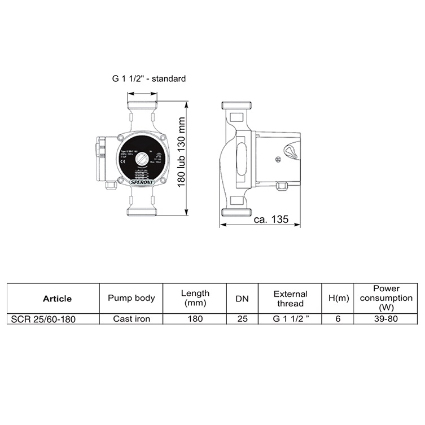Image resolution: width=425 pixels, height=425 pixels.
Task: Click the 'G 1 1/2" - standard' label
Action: pos(148,79)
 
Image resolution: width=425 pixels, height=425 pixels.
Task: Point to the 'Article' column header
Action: pos(57,299)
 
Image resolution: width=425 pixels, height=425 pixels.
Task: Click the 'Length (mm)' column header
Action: pos(195,298)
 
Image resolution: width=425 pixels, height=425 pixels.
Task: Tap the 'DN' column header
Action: pos(242,298)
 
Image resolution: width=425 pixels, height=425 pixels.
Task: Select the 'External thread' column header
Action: pos(290,298)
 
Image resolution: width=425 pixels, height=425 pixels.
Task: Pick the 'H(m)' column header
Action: pos(338,298)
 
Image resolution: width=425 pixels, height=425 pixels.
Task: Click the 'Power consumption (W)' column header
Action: pos(387,298)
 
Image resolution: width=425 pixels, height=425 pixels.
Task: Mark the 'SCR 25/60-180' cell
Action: pos(43,319)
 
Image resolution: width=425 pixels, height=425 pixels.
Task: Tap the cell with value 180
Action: pos(195,319)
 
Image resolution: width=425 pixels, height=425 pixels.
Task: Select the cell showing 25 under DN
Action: pos(242,319)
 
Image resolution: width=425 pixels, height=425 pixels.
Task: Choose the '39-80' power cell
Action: pos(387,319)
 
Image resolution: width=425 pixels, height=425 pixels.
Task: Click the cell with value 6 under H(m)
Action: pos(338,319)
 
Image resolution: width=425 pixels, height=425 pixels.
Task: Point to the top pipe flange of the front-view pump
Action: pos(141,106)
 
